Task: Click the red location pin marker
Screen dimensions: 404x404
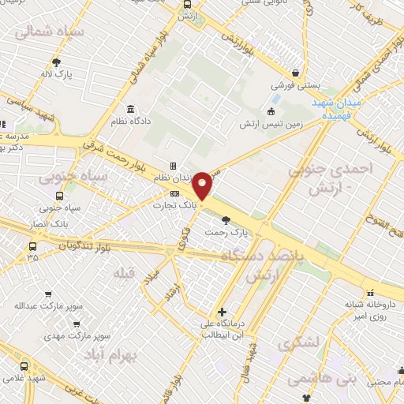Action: (x=203, y=186)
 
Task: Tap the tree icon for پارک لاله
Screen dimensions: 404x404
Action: (x=56, y=62)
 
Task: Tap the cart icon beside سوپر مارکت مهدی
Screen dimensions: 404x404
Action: (x=75, y=323)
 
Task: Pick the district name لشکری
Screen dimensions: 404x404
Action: (x=295, y=344)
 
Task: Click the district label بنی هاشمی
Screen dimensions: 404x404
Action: (x=309, y=379)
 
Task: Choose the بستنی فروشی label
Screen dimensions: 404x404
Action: (x=294, y=84)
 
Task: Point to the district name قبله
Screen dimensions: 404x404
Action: (x=125, y=273)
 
